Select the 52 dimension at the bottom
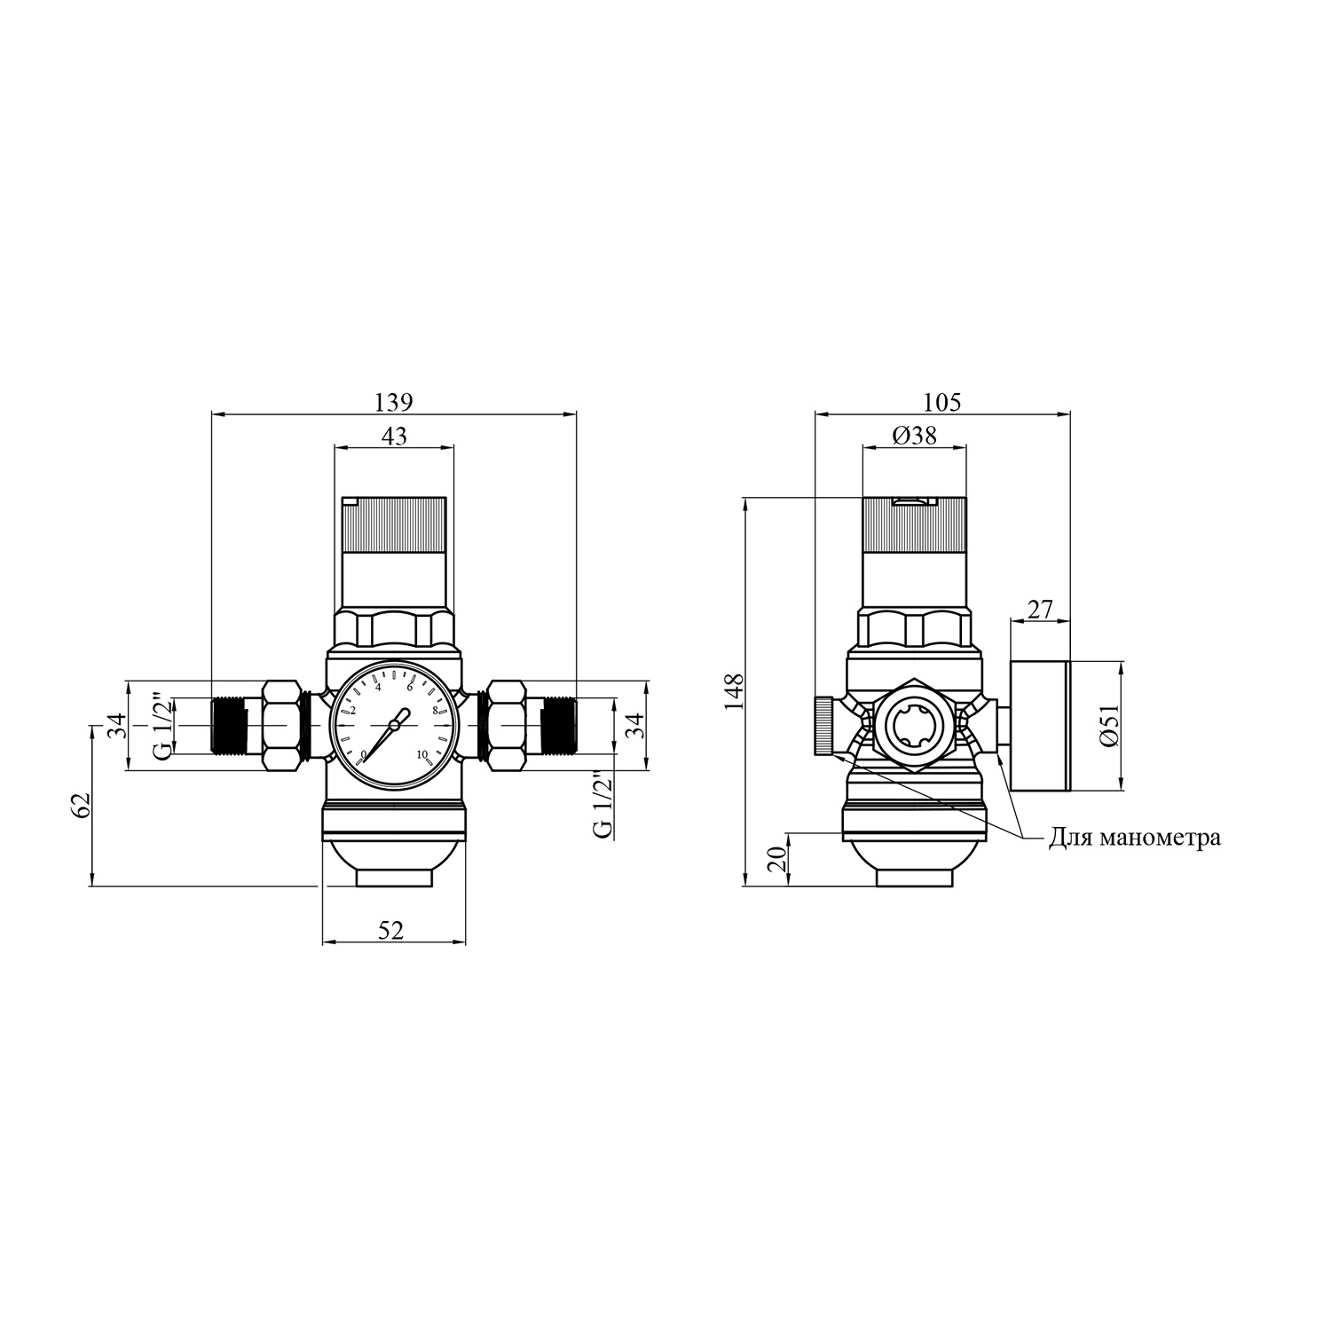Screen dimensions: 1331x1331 pos(391,930)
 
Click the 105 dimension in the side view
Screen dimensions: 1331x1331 pos(942,402)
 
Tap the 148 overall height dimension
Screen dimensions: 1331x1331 pos(733,691)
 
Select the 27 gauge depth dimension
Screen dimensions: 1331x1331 pos(1039,610)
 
